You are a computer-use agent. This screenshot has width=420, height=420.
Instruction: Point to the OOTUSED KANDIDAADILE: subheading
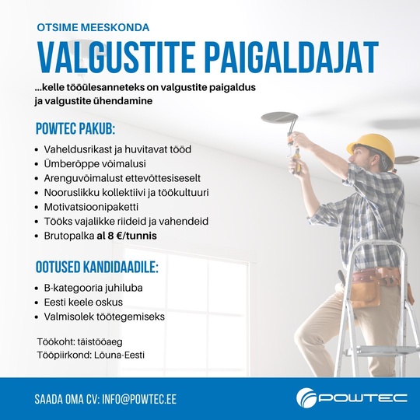97,268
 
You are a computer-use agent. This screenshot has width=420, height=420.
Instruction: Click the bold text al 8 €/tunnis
138,235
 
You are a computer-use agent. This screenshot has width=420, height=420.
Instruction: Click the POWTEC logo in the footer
352,398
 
